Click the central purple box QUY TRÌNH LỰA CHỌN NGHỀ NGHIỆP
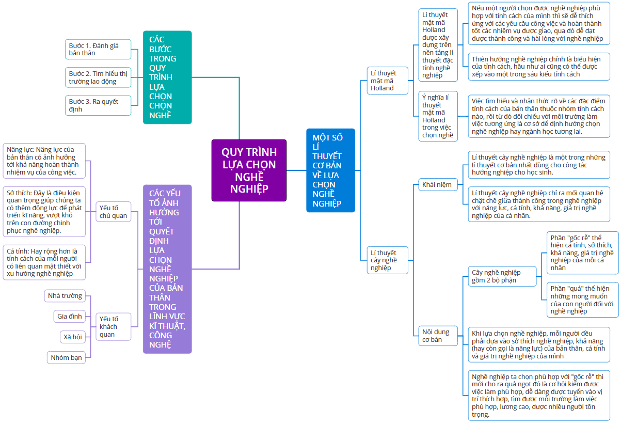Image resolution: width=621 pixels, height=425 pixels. coord(249,170)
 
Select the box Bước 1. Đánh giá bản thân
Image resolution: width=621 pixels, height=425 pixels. coord(98,50)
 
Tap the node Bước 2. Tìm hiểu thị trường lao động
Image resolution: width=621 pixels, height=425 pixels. coord(98,77)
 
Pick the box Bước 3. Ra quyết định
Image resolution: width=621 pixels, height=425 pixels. coord(98,105)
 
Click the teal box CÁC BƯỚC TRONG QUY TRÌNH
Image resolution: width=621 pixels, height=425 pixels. coord(167,77)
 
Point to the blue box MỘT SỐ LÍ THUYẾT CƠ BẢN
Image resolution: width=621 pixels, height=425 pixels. coord(330,170)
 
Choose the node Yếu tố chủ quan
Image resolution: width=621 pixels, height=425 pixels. coord(114,212)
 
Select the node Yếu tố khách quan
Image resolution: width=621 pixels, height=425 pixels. coord(114,326)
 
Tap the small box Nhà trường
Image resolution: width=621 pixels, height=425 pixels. coord(65,296)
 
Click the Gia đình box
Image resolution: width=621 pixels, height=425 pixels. coord(70,316)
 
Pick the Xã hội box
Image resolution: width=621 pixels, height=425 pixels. coord(73,337)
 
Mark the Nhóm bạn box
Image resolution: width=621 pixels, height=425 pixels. coord(66,357)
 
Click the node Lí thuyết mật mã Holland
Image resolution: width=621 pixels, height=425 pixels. coord(388,81)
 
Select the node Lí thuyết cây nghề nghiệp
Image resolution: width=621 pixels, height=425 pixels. coord(388,260)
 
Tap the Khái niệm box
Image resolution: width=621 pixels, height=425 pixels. coord(438,184)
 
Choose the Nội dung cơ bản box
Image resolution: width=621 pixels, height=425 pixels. coord(438,336)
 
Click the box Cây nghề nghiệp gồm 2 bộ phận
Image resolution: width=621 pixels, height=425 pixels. coord(502,276)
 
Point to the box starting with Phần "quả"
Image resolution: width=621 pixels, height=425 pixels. coord(583,300)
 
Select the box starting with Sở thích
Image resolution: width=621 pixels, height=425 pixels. coord(44,212)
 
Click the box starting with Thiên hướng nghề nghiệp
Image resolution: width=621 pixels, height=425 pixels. coord(539,67)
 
